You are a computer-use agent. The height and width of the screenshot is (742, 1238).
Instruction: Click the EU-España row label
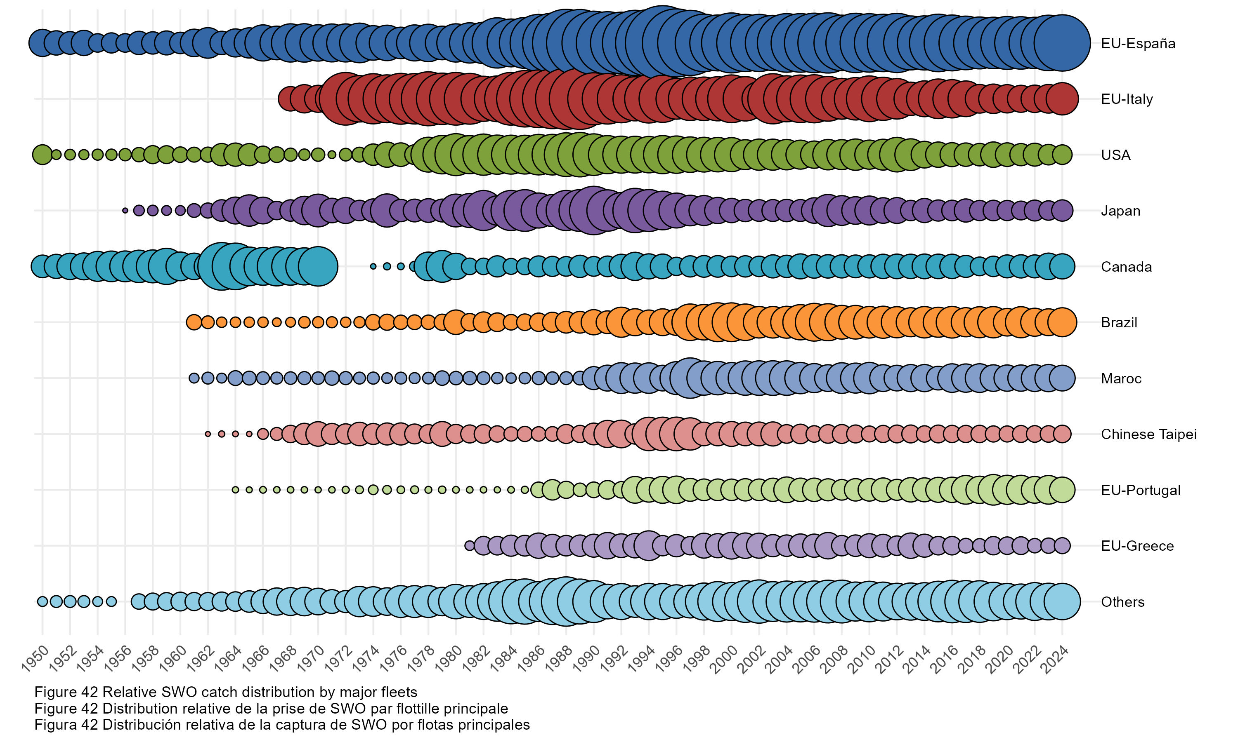point(1137,44)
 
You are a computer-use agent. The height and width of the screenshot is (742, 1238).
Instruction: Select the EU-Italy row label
point(1127,99)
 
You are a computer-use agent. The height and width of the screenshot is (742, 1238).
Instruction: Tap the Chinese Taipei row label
point(1148,434)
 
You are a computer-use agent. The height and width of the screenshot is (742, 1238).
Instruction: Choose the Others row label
point(1122,601)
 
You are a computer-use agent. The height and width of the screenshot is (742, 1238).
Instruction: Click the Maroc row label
point(1121,378)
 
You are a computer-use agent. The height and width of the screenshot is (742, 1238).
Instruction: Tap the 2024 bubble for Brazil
point(1062,322)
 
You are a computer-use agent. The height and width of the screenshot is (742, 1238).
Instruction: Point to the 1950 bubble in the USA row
point(42,155)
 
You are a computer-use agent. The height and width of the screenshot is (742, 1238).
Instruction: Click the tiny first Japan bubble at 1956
point(125,211)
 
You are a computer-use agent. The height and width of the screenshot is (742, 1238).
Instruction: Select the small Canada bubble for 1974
point(373,266)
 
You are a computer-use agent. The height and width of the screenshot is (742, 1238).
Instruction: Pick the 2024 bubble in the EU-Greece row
point(1062,545)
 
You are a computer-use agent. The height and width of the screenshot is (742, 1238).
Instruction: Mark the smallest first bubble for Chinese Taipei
point(208,434)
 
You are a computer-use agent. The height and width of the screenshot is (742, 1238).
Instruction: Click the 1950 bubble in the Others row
point(42,601)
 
